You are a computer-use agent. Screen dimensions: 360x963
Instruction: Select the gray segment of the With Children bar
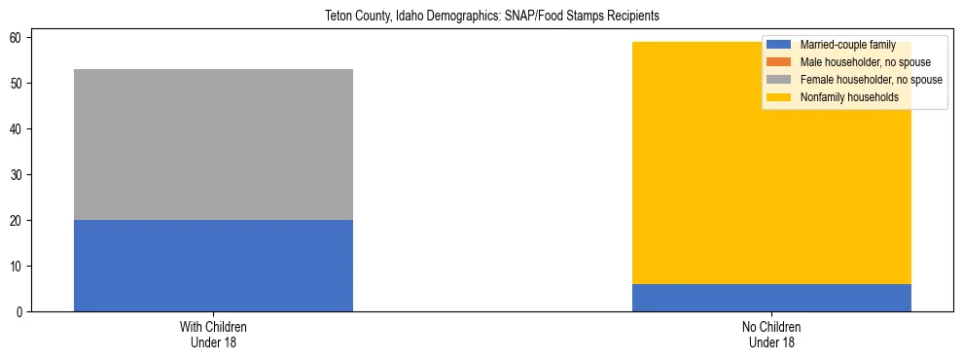213,144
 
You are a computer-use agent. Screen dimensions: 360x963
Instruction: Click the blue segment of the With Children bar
213,266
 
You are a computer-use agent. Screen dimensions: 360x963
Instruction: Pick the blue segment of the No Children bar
771,298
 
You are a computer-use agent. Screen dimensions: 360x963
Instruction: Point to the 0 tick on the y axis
22,312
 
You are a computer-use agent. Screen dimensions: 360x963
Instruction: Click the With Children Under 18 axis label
213,334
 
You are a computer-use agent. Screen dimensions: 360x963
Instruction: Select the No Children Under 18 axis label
771,334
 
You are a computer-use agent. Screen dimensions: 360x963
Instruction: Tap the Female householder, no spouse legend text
871,80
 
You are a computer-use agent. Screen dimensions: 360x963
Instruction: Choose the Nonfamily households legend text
849,97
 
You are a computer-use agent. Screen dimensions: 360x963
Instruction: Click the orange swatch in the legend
779,62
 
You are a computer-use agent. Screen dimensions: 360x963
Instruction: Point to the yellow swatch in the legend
779,97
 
